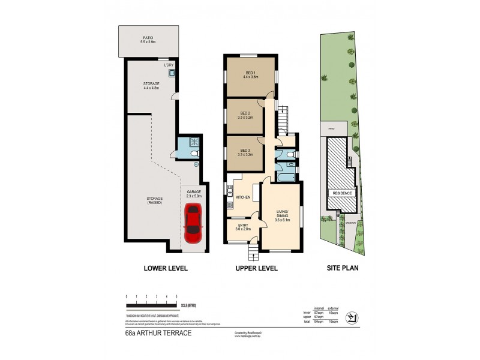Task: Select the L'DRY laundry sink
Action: (x=172, y=73)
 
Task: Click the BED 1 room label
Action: (x=250, y=74)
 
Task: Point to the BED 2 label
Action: (x=245, y=115)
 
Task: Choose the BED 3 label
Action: (x=245, y=152)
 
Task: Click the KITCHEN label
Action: (x=242, y=197)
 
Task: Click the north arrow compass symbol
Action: (x=353, y=317)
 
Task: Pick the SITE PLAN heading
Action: (x=342, y=268)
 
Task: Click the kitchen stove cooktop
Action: (x=230, y=205)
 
